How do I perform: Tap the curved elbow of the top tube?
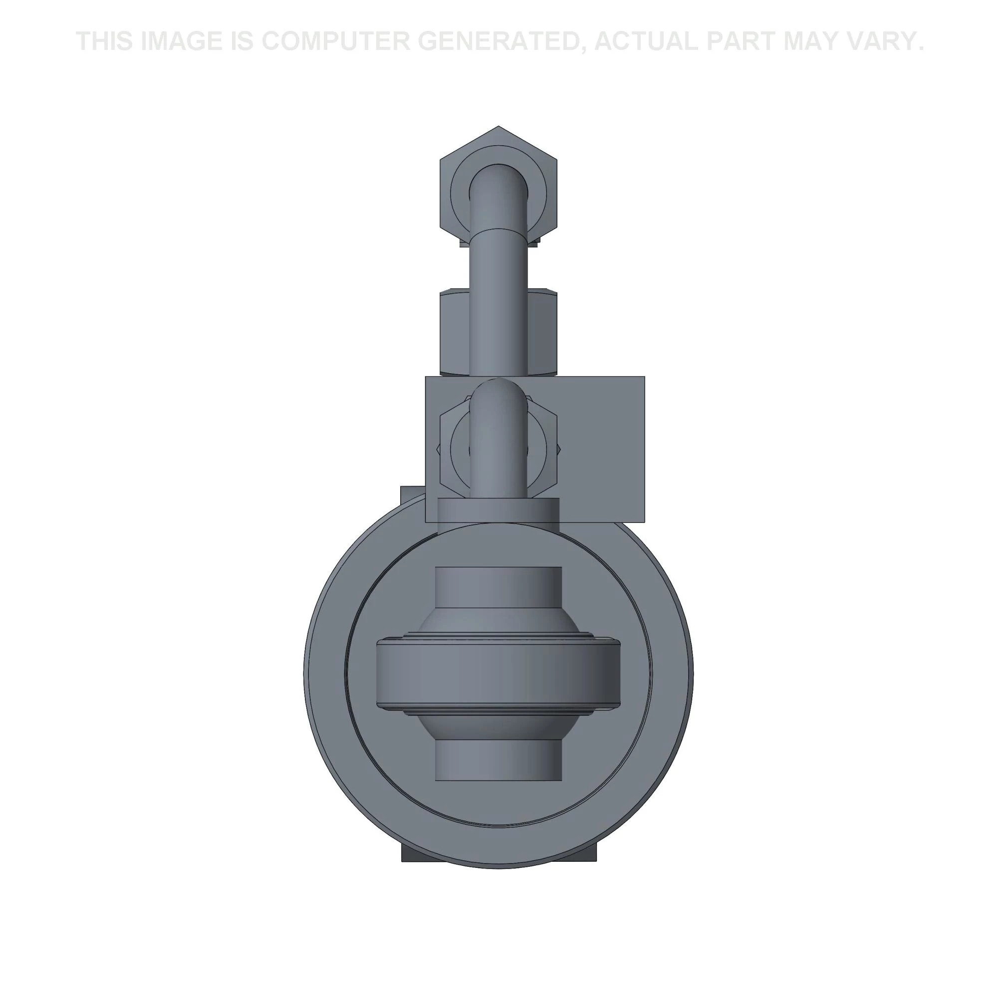click(499, 186)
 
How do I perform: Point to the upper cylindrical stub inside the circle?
click(499, 588)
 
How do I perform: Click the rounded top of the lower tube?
click(499, 393)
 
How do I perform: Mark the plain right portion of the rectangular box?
click(604, 444)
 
